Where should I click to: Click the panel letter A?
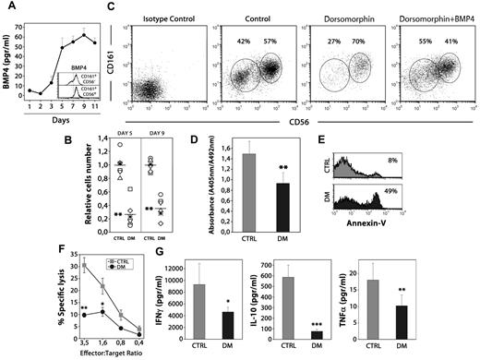pyautogui.click(x=9, y=8)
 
